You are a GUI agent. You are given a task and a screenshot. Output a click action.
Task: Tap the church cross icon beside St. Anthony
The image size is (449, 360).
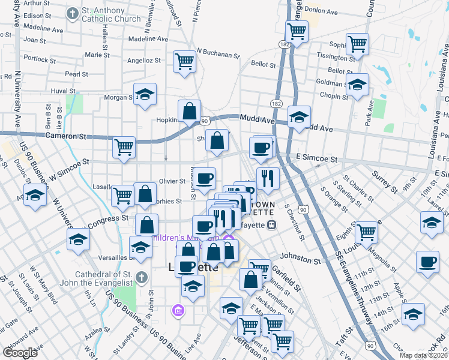(73, 13)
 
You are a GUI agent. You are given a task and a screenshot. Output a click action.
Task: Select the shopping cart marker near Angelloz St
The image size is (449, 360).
(184, 61)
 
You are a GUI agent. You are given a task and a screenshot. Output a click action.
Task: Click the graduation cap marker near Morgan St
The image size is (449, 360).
(145, 94)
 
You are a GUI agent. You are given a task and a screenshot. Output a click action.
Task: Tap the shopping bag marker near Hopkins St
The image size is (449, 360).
(190, 111)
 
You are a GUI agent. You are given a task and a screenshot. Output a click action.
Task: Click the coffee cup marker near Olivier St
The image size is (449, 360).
(205, 178)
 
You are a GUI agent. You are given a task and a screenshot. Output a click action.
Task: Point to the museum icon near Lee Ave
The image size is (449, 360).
(178, 310)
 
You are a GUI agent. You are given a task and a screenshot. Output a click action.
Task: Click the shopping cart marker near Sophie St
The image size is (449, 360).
(358, 44)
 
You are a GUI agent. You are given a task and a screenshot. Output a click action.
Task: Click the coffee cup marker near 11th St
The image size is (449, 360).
(428, 262)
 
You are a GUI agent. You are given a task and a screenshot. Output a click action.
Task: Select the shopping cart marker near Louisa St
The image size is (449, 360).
(366, 232)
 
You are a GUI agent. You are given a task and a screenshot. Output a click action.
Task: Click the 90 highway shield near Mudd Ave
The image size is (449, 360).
(205, 121)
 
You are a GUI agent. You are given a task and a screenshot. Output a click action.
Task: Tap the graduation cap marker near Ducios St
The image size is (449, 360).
(35, 196)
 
